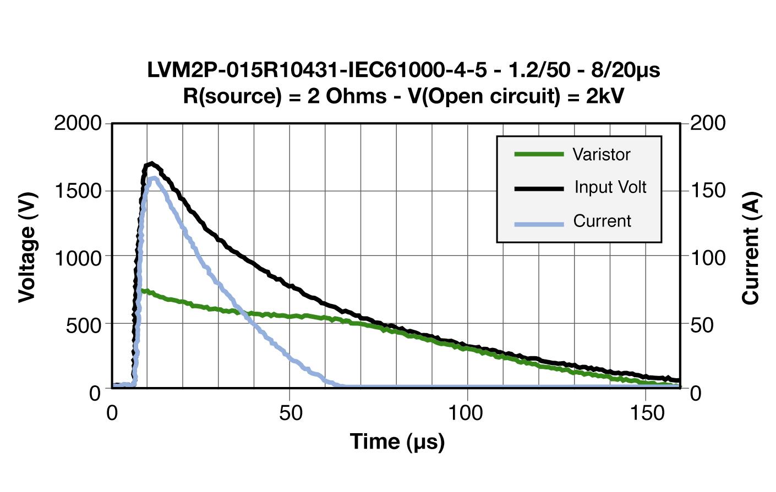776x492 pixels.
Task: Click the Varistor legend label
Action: click(601, 154)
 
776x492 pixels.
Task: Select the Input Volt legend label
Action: click(610, 187)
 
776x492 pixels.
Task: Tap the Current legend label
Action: click(602, 221)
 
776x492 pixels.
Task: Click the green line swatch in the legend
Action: click(539, 154)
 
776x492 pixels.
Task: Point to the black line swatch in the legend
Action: click(539, 189)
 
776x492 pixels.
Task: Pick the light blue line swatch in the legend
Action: click(539, 224)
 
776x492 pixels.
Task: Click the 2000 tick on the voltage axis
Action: click(78, 123)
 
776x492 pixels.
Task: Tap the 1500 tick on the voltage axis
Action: click(78, 191)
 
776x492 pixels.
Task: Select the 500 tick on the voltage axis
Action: click(84, 325)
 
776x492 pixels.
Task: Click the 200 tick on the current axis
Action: click(708, 123)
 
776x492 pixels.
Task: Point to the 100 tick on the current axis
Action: click(708, 257)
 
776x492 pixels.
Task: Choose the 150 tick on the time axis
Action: click(647, 412)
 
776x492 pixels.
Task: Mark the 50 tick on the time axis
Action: click(291, 412)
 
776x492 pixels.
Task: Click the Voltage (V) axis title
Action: click(26, 247)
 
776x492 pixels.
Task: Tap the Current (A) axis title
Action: click(751, 247)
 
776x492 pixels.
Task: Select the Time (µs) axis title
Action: click(397, 441)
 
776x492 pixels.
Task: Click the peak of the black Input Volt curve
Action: click(151, 163)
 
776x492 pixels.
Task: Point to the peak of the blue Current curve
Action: click(153, 178)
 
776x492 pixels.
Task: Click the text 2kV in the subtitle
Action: click(605, 96)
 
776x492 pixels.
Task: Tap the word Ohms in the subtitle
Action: click(356, 96)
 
